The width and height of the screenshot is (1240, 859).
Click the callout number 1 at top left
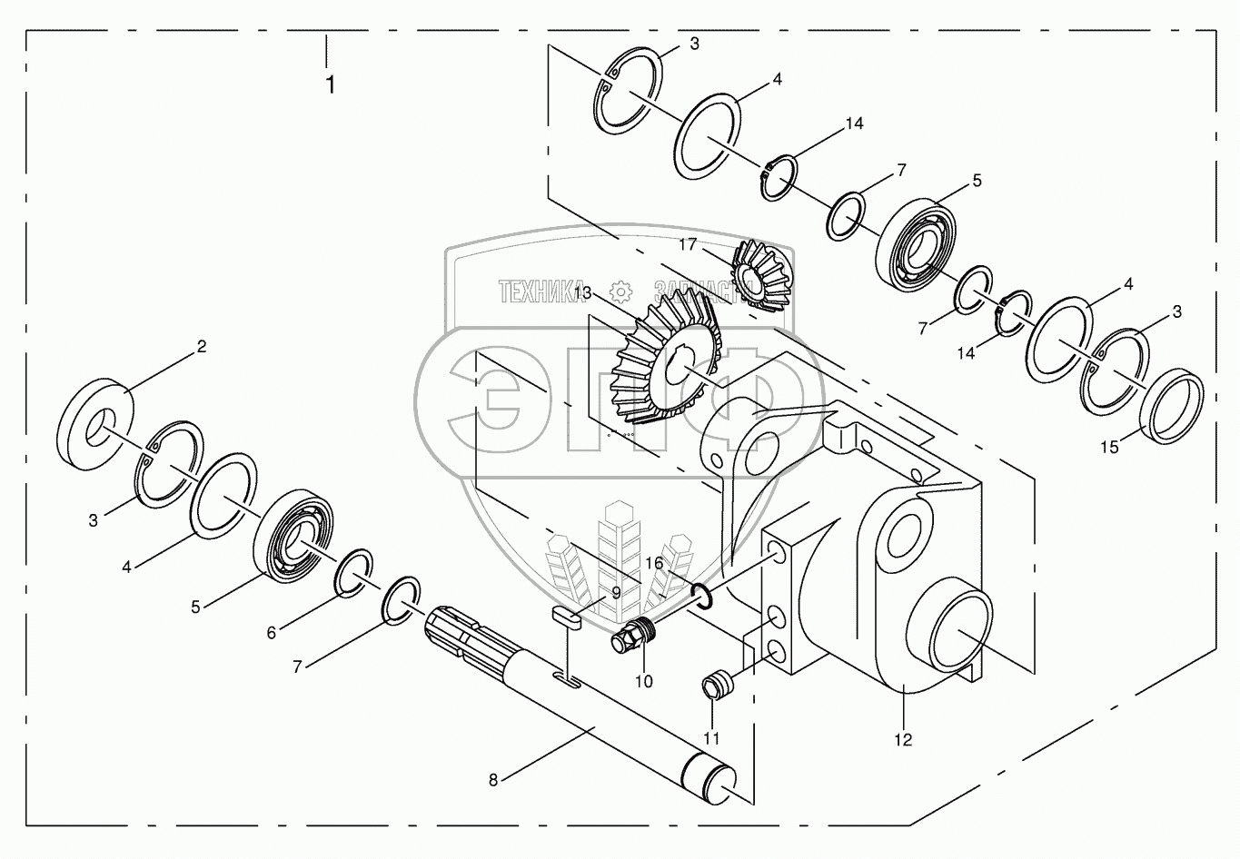[330, 85]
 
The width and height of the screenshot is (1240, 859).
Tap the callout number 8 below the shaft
[493, 779]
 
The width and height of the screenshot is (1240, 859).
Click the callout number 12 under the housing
[902, 739]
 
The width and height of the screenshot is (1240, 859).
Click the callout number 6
[271, 633]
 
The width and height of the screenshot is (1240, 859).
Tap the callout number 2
[202, 346]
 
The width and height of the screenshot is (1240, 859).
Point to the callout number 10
[644, 681]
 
